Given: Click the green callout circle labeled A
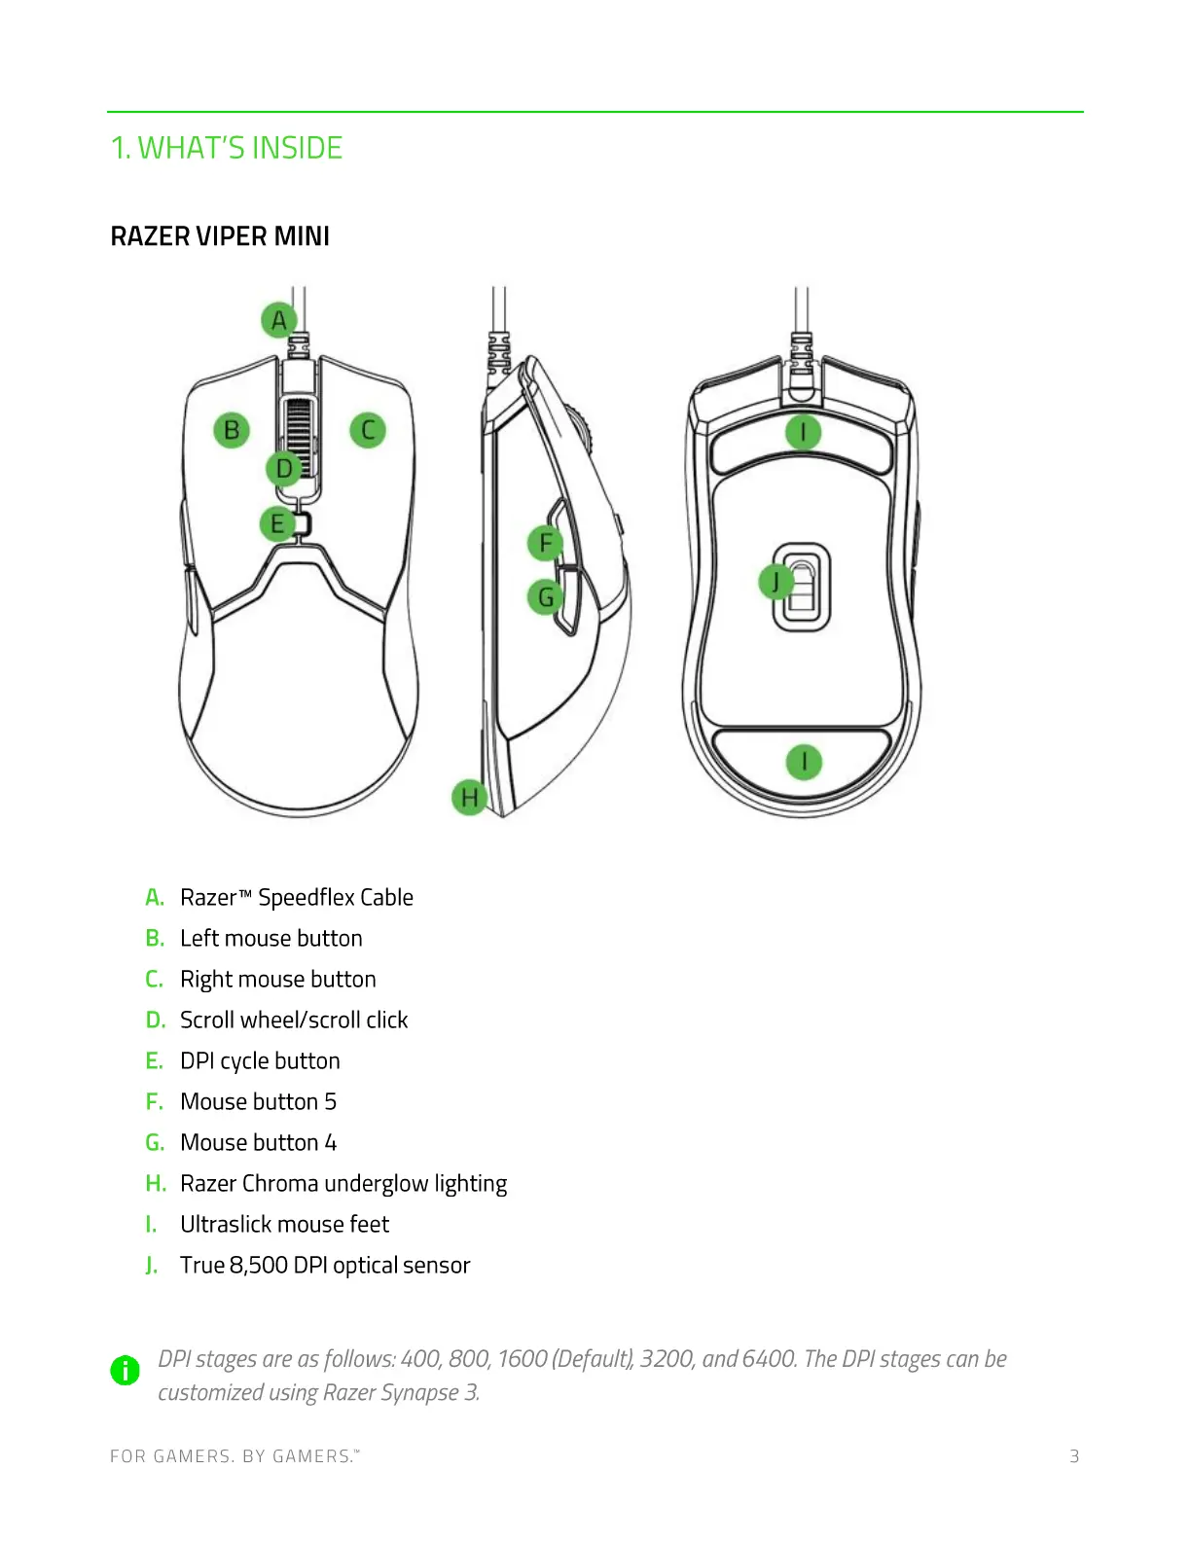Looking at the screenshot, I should tap(279, 320).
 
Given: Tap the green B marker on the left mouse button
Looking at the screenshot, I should tap(232, 430).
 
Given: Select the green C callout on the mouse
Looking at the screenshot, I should tap(368, 430).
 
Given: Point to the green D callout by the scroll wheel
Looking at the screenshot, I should tap(284, 469).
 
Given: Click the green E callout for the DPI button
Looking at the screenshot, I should tap(277, 524).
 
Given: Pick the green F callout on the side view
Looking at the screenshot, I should tap(545, 543).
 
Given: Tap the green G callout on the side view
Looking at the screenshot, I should tap(545, 596).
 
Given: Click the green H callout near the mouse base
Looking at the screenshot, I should tap(470, 798).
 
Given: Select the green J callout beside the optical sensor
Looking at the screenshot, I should tap(776, 582).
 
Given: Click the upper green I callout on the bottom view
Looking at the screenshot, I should tap(803, 432).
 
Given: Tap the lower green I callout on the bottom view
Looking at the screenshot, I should tap(804, 762).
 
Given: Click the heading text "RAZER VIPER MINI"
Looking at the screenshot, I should tap(220, 236).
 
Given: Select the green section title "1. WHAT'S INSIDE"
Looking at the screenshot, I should tap(227, 148).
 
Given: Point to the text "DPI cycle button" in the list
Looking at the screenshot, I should tap(260, 1060).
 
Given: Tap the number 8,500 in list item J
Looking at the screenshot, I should tap(258, 1265).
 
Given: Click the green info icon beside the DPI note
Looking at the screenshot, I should tap(125, 1370).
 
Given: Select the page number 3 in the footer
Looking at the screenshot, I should tap(1074, 1456).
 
